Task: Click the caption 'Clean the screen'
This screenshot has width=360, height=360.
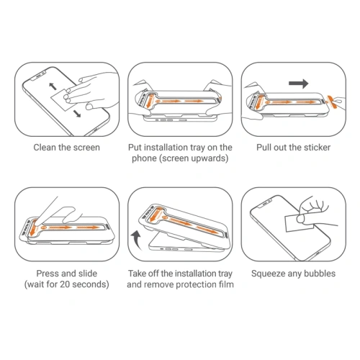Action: pyautogui.click(x=67, y=148)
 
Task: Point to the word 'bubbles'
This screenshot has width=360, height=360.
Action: pyautogui.click(x=315, y=274)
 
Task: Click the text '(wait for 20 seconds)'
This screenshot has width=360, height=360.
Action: pyautogui.click(x=67, y=285)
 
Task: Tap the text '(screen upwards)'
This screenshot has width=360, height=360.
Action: pyautogui.click(x=180, y=159)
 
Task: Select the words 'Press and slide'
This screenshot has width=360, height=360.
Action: pyautogui.click(x=67, y=274)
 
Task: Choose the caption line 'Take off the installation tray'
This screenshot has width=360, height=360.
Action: pyautogui.click(x=180, y=274)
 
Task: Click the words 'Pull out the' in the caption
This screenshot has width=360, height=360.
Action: pyautogui.click(x=277, y=148)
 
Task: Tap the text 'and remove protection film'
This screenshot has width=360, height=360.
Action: pyautogui.click(x=180, y=285)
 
